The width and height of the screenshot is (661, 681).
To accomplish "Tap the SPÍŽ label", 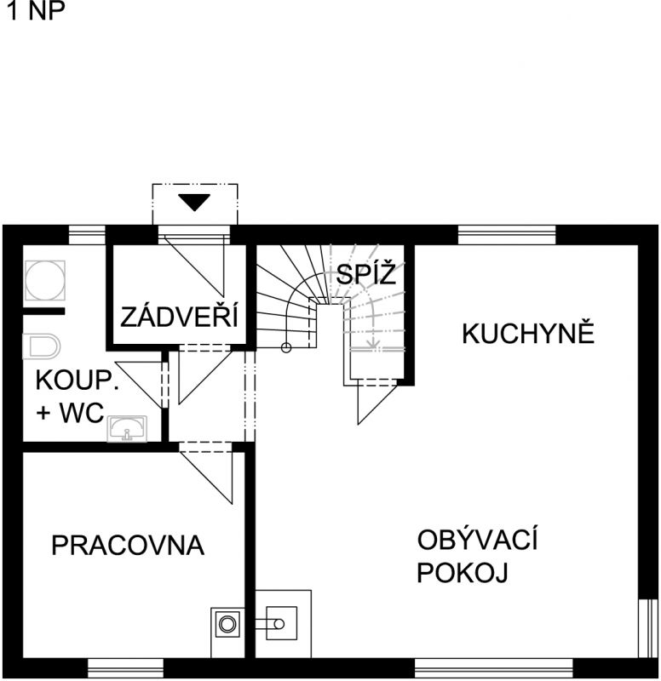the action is (x=366, y=273).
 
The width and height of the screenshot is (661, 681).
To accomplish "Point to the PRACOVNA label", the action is (x=128, y=545).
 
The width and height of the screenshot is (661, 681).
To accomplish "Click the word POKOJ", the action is (x=463, y=572).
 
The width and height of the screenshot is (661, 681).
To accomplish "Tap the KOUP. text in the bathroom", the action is (x=78, y=380).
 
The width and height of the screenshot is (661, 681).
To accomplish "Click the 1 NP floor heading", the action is (x=36, y=10).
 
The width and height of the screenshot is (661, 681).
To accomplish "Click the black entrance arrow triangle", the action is (x=194, y=203).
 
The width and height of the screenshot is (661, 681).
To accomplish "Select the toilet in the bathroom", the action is (x=41, y=346).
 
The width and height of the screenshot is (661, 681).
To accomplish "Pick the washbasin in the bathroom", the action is (x=127, y=429).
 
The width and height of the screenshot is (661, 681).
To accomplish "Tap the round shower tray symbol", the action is (x=45, y=280).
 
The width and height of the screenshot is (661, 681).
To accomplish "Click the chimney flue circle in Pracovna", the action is (x=227, y=624).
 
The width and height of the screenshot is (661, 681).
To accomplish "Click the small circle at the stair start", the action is (x=286, y=347).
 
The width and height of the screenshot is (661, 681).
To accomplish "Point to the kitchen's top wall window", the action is (x=507, y=236).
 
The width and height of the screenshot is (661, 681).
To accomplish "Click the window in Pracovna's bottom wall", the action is (x=125, y=667).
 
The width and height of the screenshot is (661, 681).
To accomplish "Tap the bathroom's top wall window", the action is (x=88, y=236).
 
